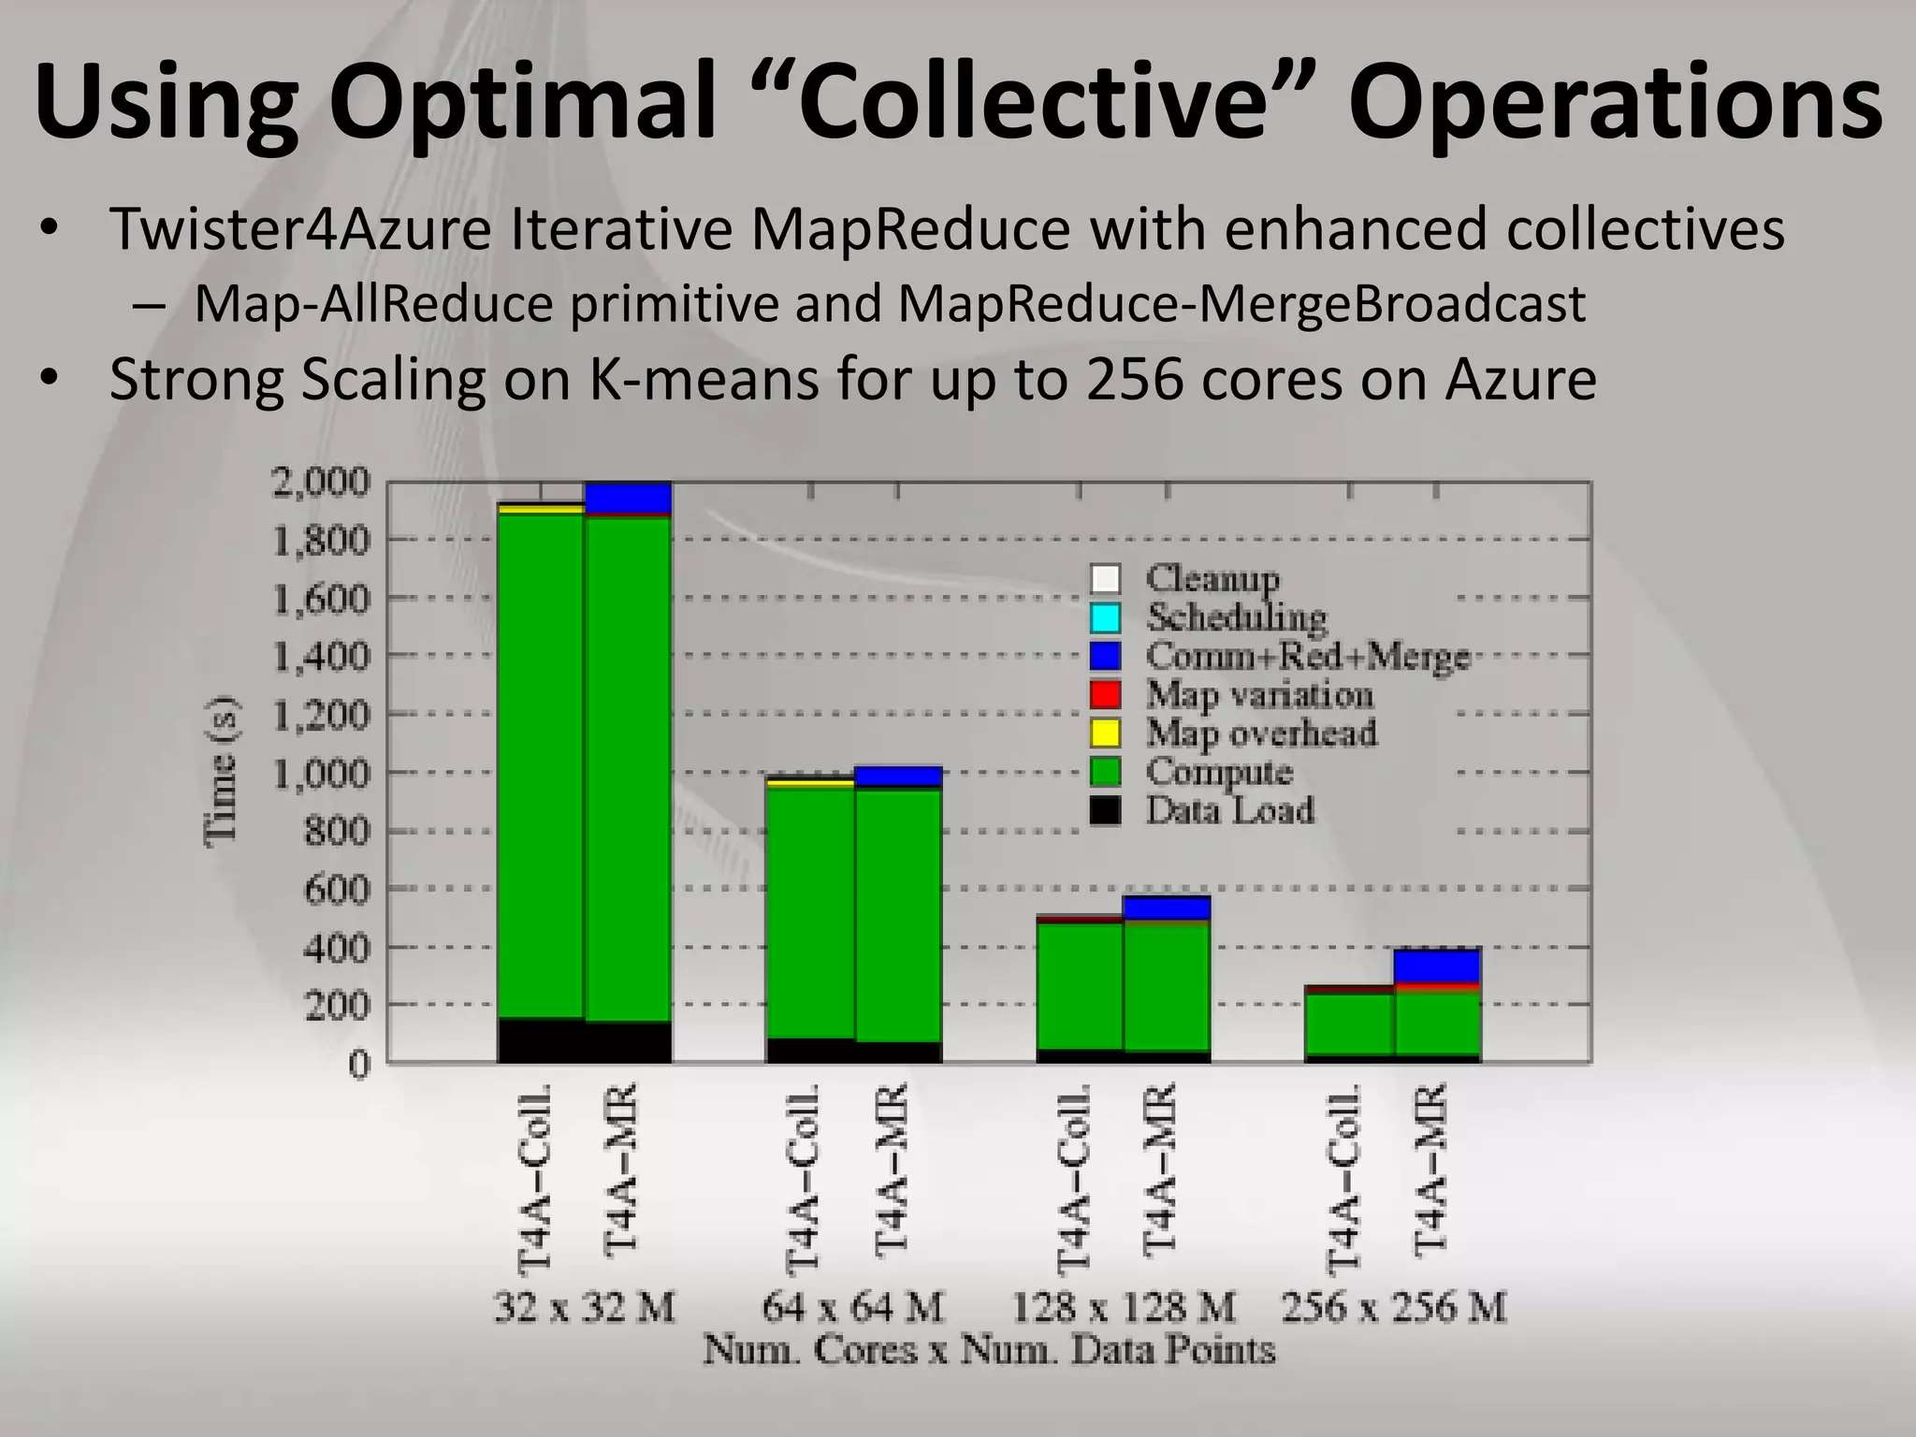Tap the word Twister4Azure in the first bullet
[x=300, y=229]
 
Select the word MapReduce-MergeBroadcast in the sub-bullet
[x=1241, y=304]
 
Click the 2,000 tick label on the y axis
[x=320, y=483]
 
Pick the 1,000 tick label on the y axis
[x=320, y=773]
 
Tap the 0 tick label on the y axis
[x=359, y=1064]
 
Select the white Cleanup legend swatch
[x=1105, y=579]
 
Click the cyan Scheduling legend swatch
[x=1105, y=617]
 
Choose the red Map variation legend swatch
[x=1105, y=694]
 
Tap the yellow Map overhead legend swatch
[x=1105, y=733]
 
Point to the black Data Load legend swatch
[x=1105, y=809]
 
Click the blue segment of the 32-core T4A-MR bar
[x=628, y=497]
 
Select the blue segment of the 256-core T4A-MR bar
[x=1437, y=965]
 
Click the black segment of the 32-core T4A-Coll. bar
[x=540, y=1040]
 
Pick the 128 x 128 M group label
[x=1123, y=1306]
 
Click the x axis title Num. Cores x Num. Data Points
[x=989, y=1350]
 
